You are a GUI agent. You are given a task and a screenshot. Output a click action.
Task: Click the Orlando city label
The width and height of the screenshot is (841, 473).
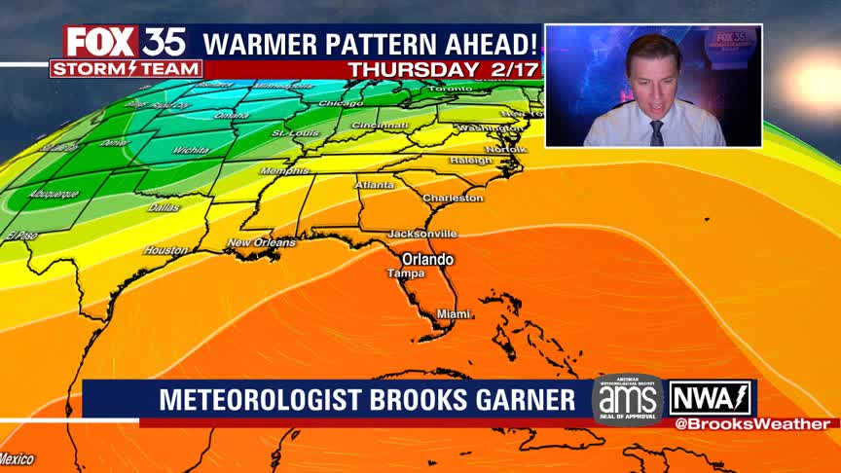click(x=428, y=259)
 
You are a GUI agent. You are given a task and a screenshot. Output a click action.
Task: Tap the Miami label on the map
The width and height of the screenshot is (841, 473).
click(x=454, y=313)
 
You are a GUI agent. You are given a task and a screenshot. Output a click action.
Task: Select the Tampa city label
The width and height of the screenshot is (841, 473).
click(x=406, y=273)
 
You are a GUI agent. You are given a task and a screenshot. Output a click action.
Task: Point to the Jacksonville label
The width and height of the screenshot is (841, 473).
click(x=422, y=234)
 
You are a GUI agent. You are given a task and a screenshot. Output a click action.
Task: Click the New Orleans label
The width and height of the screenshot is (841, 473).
click(x=261, y=242)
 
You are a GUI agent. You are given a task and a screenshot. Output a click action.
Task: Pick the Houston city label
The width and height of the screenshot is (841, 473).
click(x=165, y=250)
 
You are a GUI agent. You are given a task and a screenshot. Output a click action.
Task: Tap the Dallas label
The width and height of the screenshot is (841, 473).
click(x=164, y=207)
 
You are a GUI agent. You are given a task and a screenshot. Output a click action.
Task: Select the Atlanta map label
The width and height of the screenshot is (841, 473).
click(x=375, y=185)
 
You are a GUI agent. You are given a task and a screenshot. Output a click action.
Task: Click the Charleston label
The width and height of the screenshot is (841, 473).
click(x=453, y=198)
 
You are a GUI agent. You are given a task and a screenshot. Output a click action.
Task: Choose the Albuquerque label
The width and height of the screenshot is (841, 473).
click(x=55, y=194)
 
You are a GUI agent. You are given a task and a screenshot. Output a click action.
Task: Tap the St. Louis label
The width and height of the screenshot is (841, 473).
click(x=291, y=132)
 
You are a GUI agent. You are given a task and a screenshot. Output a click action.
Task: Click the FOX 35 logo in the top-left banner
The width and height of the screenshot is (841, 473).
click(x=125, y=42)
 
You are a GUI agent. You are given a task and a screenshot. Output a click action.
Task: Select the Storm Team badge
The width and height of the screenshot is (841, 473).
click(x=126, y=69)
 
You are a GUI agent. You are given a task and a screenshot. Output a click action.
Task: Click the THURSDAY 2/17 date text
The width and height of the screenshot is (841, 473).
click(x=442, y=70)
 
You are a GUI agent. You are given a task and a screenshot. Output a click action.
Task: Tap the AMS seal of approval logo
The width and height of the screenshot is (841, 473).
click(x=628, y=399)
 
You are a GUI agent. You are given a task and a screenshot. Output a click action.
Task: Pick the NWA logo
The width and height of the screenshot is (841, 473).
click(x=710, y=398)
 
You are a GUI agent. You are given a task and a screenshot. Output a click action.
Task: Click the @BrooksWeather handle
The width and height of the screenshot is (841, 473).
click(x=751, y=423)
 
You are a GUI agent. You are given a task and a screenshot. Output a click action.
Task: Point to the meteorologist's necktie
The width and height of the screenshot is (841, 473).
click(x=657, y=132)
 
